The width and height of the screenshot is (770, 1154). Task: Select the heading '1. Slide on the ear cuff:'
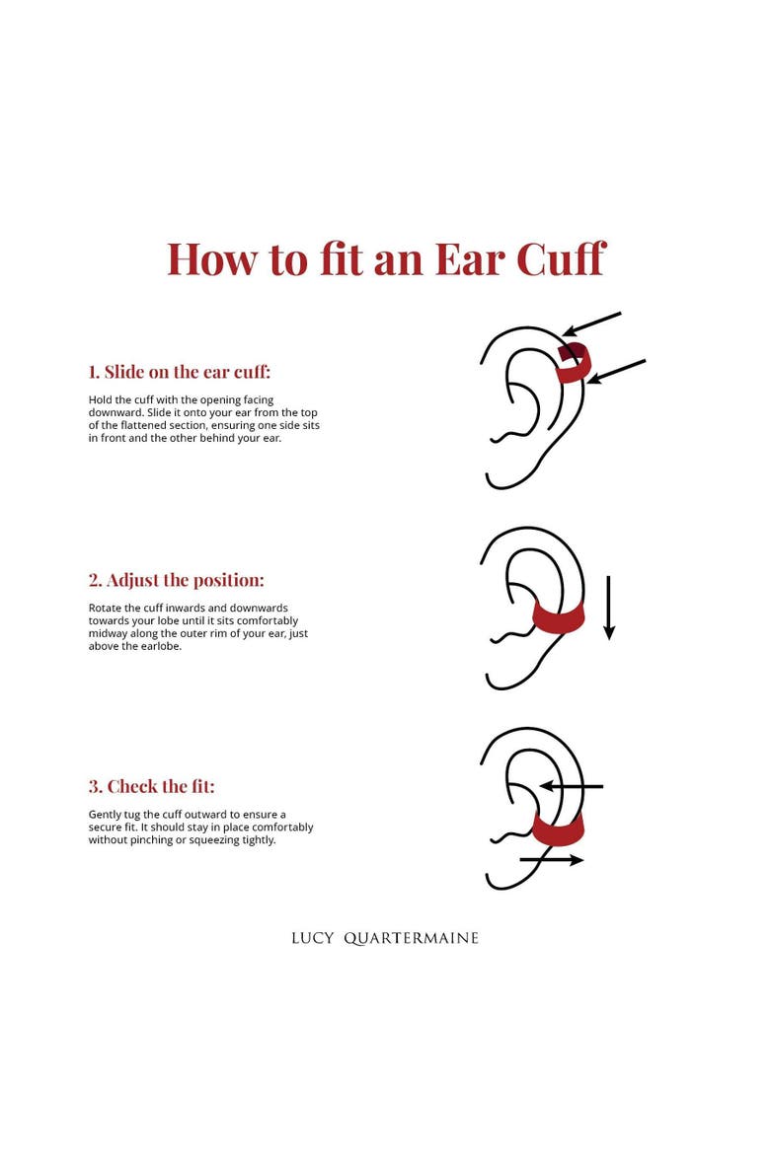pyautogui.click(x=180, y=372)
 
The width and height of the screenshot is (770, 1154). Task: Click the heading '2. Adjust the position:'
pyautogui.click(x=176, y=580)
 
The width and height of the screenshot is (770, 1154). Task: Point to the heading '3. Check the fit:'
pyautogui.click(x=152, y=786)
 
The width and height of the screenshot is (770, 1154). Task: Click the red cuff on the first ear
pyautogui.click(x=574, y=364)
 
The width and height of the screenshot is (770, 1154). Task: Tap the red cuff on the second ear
pyautogui.click(x=559, y=618)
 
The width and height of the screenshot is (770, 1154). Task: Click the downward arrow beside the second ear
pyautogui.click(x=609, y=608)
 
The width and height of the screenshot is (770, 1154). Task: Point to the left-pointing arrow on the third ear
pyautogui.click(x=571, y=786)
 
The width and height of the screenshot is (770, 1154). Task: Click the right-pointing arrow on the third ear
pyautogui.click(x=551, y=859)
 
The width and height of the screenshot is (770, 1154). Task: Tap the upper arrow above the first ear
pyautogui.click(x=591, y=325)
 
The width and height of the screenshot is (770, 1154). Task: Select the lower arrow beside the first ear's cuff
pyautogui.click(x=616, y=372)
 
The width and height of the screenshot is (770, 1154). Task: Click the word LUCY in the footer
pyautogui.click(x=312, y=938)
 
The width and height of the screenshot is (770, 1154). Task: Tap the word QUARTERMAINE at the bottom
pyautogui.click(x=411, y=938)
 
